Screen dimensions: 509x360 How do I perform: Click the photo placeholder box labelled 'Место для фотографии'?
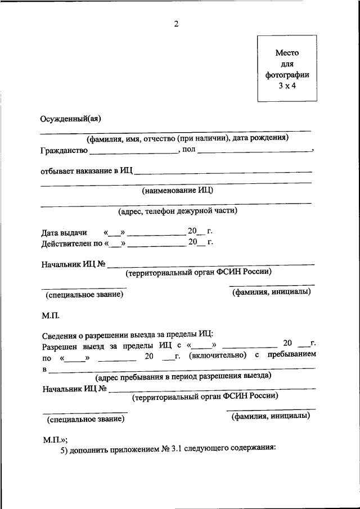[287, 69]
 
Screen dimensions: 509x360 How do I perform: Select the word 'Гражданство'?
[64, 151]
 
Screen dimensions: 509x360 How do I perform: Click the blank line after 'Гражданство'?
[133, 152]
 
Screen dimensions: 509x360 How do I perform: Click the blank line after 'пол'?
[254, 152]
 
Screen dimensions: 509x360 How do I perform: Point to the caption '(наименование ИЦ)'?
[177, 190]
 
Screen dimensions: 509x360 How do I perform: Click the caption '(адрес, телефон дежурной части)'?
[177, 211]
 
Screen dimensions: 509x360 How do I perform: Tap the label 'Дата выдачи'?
[64, 232]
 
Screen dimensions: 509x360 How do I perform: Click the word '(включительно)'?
[218, 355]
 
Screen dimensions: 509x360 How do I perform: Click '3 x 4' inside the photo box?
[287, 85]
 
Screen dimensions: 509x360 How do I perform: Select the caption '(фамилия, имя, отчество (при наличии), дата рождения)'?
[187, 138]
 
